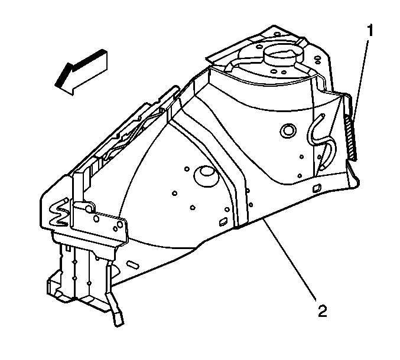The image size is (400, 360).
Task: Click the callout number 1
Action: coord(370,31)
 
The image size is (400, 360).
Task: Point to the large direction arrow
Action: coord(81,72)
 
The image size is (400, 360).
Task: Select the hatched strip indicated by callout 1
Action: coord(350,138)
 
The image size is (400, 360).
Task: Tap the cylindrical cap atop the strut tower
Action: coord(284,55)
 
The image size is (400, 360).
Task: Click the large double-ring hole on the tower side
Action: coord(288,131)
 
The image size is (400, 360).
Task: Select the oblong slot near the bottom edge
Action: coord(133,264)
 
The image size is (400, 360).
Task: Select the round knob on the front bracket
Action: coord(89,208)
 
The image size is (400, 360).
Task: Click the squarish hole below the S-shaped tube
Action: coord(317,188)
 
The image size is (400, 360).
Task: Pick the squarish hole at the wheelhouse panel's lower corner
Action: coord(223,221)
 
